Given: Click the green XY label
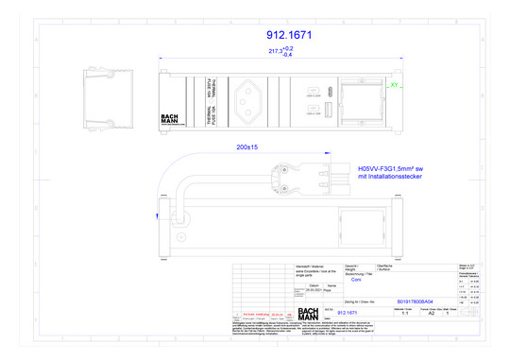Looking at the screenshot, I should click(394, 84).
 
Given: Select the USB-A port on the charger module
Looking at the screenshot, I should click(314, 115).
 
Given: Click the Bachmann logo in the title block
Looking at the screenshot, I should click(310, 314).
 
